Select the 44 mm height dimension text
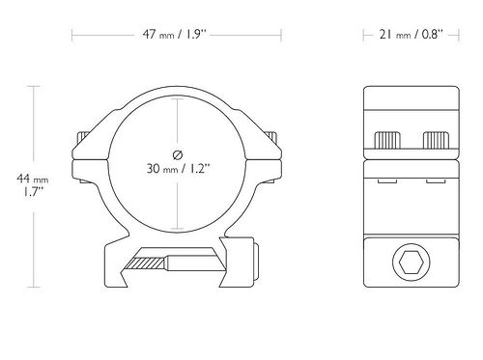[33, 179]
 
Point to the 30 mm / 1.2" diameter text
[178, 168]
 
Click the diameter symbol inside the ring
[178, 155]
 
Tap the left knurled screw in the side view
[387, 140]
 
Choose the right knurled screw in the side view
[436, 140]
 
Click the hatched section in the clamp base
[145, 263]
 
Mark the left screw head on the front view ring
[82, 137]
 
